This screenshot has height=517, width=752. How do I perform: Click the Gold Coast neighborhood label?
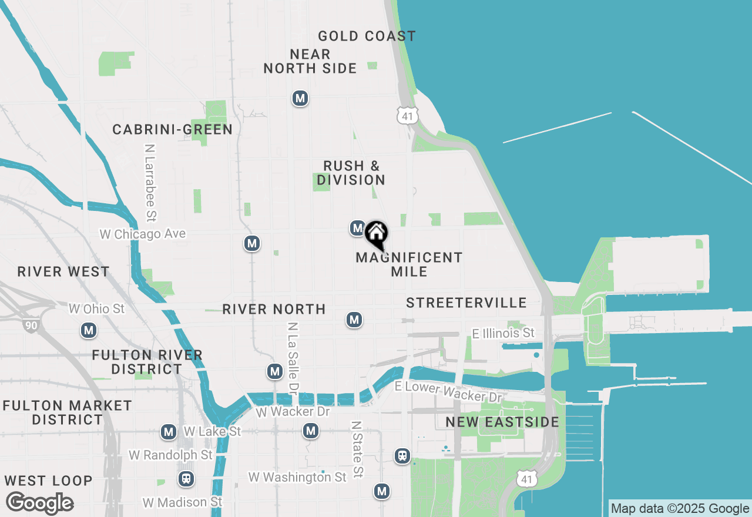[367, 36]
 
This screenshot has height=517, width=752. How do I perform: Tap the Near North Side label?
[310, 62]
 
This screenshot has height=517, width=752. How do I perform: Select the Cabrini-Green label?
[173, 129]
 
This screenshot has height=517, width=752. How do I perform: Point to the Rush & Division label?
[351, 173]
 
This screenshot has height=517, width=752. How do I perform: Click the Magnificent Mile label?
[409, 264]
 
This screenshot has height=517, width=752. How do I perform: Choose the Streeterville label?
[466, 303]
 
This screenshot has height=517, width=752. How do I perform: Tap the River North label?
[274, 309]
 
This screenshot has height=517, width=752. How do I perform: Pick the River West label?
[63, 271]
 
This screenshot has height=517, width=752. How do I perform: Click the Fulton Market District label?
[67, 412]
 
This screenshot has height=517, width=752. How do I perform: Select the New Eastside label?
[502, 422]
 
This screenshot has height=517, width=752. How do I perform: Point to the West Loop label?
[48, 481]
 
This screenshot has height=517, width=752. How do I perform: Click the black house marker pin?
[376, 234]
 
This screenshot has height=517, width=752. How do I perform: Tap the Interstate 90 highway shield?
[32, 325]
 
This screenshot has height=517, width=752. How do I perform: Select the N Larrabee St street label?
[151, 183]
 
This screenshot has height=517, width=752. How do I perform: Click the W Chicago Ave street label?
[142, 234]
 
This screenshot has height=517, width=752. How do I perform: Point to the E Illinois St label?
[503, 334]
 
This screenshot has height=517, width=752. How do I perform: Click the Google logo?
[39, 503]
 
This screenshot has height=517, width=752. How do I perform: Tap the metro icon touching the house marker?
[357, 228]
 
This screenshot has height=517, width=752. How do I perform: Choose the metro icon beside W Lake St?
[169, 432]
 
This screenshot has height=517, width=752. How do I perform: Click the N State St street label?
[357, 449]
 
